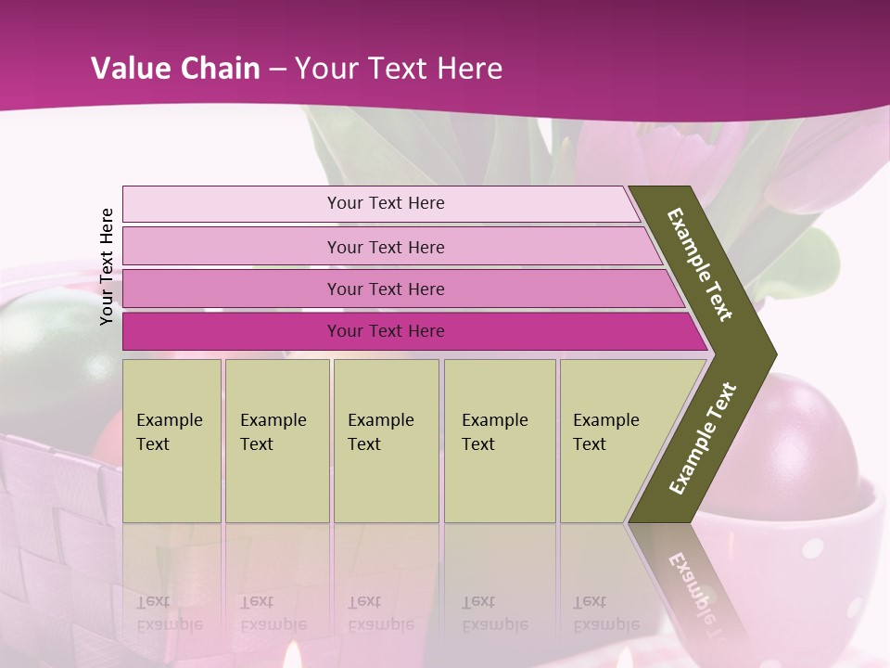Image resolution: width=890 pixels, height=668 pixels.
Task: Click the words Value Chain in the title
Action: coord(175,68)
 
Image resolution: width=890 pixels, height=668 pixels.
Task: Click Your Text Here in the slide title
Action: coord(399,68)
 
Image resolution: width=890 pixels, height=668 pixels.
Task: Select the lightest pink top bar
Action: coord(385,203)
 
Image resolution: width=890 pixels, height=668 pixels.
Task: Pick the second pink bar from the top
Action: coord(385,247)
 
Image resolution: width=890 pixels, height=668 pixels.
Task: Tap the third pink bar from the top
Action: coord(385,289)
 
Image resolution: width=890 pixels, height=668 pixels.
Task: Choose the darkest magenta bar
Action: coord(385,331)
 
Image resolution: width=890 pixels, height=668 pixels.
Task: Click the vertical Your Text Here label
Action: coord(108,266)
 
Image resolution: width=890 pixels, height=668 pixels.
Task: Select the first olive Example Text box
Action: coord(172,440)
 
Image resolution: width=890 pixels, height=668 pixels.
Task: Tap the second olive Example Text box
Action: coord(276,440)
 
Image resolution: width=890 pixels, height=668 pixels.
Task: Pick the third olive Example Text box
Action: coord(385,440)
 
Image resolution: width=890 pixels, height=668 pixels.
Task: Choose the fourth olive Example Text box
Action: coord(499,440)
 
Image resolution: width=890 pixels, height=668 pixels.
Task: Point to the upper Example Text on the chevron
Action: coord(700,264)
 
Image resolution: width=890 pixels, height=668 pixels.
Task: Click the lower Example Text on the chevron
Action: coord(703,438)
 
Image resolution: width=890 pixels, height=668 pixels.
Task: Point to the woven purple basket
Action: coord(56,529)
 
